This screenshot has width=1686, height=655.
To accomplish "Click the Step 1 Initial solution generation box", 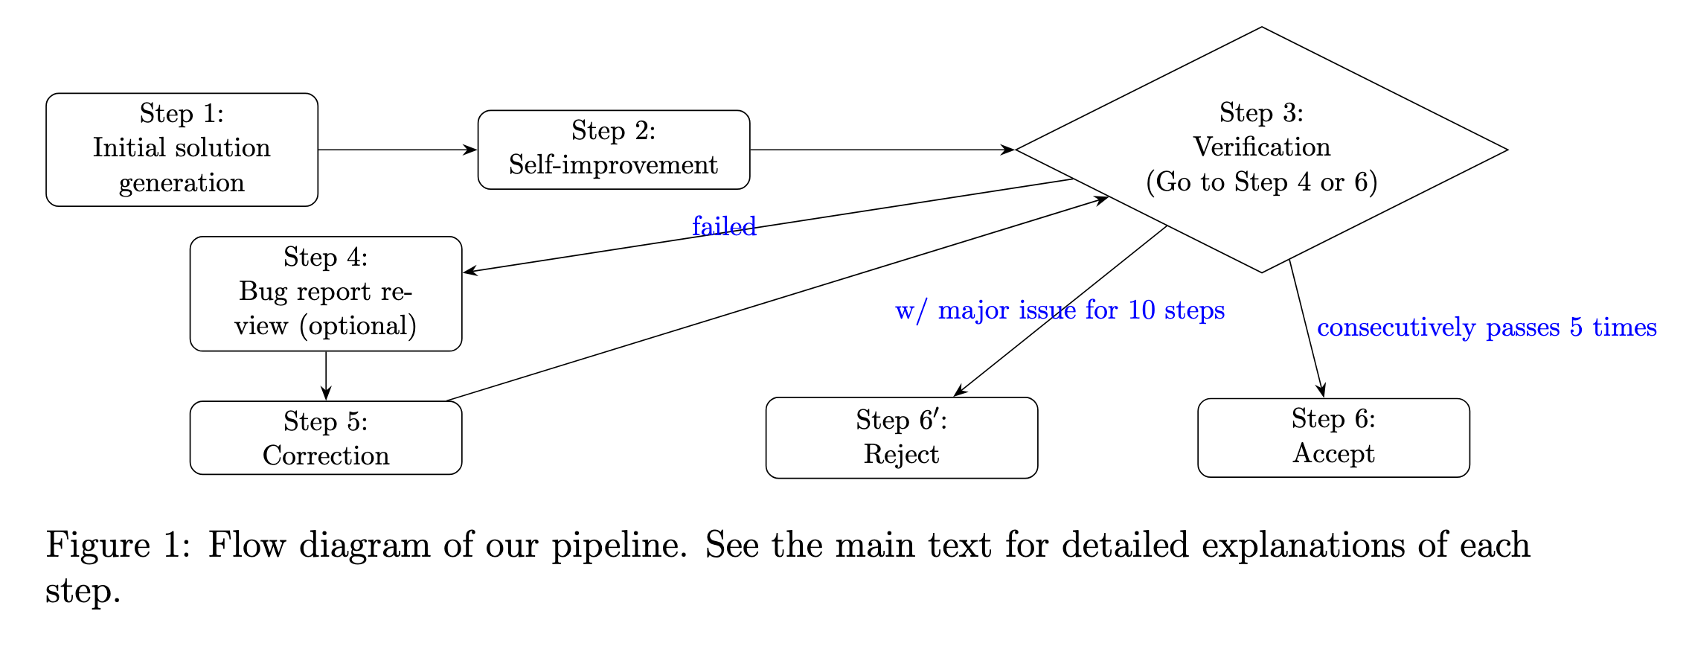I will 182,150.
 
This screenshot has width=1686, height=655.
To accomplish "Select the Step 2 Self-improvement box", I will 613,150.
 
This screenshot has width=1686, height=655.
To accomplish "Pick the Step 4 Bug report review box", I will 325,293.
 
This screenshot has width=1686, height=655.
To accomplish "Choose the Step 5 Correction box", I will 325,438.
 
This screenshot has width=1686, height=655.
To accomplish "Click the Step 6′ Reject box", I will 901,438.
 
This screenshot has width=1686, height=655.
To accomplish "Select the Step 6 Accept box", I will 1333,437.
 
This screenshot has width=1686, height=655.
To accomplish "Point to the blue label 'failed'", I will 723,226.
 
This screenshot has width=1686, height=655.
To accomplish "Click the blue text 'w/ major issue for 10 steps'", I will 1060,310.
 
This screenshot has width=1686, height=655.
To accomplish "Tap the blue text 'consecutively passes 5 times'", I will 1486,327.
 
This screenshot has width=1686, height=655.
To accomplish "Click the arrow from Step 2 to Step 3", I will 882,150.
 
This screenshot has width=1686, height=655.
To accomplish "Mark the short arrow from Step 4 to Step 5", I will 326,376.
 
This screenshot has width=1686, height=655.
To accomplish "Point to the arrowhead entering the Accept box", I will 1322,391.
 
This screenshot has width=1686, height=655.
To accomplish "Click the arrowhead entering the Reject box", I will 960,391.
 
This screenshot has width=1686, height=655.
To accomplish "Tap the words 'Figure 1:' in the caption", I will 119,546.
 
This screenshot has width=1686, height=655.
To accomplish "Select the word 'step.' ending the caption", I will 83,592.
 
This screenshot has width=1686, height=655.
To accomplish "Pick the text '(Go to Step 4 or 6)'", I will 1261,182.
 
